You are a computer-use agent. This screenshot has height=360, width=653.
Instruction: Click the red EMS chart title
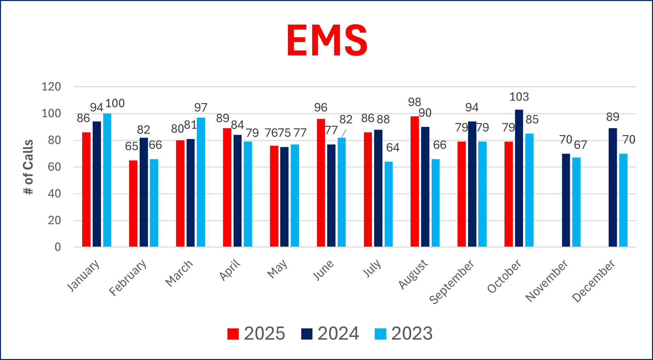pyautogui.click(x=327, y=41)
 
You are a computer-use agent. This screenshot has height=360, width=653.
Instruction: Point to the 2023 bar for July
pyautogui.click(x=388, y=204)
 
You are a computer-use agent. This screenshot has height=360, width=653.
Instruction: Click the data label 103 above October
pyautogui.click(x=519, y=97)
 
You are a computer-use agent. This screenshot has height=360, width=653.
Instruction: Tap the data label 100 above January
pyautogui.click(x=115, y=103)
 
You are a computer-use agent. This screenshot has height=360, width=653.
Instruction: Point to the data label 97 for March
pyautogui.click(x=201, y=108)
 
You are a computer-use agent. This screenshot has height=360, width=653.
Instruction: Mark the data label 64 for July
pyautogui.click(x=393, y=148)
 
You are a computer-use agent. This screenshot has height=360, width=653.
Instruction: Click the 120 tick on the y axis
pyautogui.click(x=51, y=87)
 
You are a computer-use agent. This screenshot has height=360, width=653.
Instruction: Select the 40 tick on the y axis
pyautogui.click(x=54, y=194)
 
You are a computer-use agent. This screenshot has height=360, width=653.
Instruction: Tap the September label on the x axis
pyautogui.click(x=452, y=282)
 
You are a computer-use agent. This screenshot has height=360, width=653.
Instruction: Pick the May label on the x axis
pyautogui.click(x=277, y=269)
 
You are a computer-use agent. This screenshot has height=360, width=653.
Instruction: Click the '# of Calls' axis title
pyautogui.click(x=28, y=167)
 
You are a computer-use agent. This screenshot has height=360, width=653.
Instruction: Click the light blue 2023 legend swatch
pyautogui.click(x=380, y=334)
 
